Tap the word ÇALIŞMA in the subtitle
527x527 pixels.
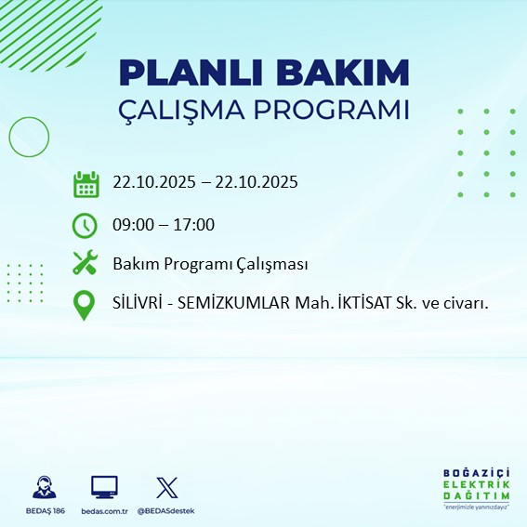point(187,110)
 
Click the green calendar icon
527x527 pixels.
point(86,183)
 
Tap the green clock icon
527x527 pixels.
point(86,225)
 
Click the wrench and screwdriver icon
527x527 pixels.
point(86,264)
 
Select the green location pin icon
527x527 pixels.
point(86,305)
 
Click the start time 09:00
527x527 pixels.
point(132,225)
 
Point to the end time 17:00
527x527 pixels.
point(195,225)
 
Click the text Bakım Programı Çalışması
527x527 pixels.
point(210,265)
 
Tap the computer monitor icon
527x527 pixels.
point(104,487)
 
